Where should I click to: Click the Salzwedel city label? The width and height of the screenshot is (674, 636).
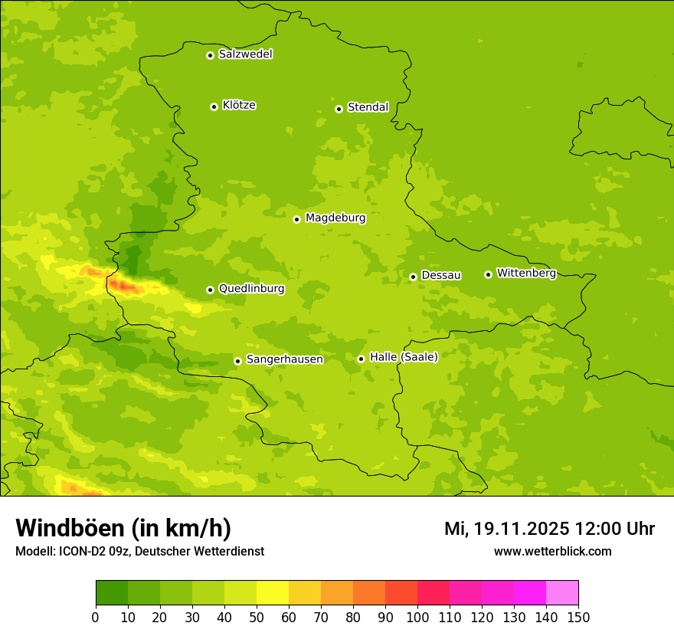[x=245, y=54]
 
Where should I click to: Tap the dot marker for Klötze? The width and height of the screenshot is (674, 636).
[x=214, y=107]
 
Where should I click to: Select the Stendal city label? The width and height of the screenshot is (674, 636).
[x=368, y=107]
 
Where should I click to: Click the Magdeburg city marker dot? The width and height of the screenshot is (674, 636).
[x=296, y=219]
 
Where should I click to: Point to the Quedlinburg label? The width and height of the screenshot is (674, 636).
[x=251, y=289]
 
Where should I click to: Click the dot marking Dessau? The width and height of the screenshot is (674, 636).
[x=413, y=277]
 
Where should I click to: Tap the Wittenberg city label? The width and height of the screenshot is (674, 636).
[x=526, y=273]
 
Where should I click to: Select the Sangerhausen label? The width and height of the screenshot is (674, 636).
[x=284, y=359]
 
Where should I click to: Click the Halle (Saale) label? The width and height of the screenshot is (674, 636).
[x=404, y=357]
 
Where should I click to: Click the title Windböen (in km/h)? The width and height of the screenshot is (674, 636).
[x=123, y=528]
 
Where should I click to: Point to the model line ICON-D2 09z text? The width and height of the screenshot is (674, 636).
[x=139, y=552]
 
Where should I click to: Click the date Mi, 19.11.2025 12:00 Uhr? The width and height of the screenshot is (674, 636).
[x=549, y=529]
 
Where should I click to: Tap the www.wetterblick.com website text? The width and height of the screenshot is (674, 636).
[x=552, y=552]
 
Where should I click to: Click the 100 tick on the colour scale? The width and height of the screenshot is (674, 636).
[x=417, y=617]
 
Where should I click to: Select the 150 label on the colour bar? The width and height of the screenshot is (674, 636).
[x=578, y=617]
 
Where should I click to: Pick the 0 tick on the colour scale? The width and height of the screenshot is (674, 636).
[x=96, y=617]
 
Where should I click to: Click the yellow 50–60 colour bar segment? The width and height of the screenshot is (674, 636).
[x=273, y=593]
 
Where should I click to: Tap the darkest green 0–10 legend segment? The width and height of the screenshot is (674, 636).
[x=112, y=593]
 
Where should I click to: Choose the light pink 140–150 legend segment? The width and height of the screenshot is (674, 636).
[x=562, y=593]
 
